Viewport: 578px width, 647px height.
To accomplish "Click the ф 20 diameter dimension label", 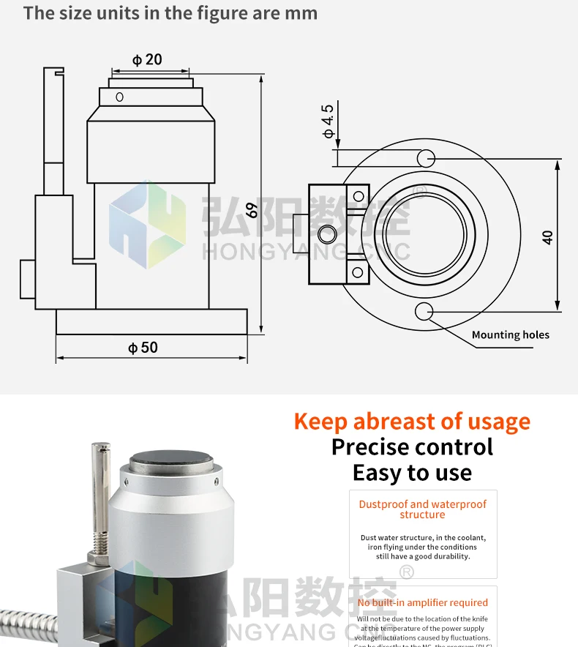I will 147,59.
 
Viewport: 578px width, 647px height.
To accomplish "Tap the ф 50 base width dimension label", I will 143,348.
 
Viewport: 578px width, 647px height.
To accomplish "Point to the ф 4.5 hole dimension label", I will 328,121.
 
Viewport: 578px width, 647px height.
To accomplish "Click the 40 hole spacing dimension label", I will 548,236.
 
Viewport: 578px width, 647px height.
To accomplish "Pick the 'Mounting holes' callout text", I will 510,335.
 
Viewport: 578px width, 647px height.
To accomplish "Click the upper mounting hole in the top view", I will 425,157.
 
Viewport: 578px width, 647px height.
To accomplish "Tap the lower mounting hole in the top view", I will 424,312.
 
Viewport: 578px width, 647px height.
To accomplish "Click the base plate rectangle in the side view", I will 151,321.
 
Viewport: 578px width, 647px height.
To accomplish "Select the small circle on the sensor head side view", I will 120,97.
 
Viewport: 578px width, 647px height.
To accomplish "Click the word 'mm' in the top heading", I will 304,13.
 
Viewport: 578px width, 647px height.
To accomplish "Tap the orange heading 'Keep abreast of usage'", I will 412,422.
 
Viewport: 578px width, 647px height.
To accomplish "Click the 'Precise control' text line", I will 412,447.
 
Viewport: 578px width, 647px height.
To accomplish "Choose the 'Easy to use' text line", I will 412,473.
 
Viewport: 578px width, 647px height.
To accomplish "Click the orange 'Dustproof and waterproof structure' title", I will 422,509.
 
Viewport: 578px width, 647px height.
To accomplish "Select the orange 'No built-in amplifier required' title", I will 422,603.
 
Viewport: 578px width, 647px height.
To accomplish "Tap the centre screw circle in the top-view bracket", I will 327,234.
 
